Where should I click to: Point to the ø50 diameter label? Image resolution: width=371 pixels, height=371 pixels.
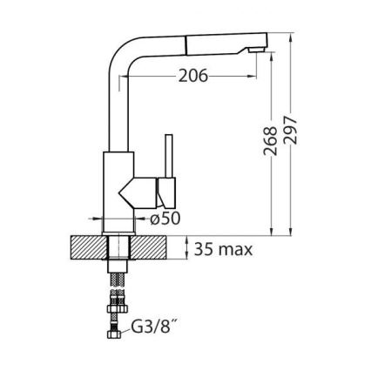[x=165, y=219]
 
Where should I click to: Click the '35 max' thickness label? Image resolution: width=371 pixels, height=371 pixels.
[x=223, y=251]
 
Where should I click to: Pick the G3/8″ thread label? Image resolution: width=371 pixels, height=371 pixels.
[x=153, y=330]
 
